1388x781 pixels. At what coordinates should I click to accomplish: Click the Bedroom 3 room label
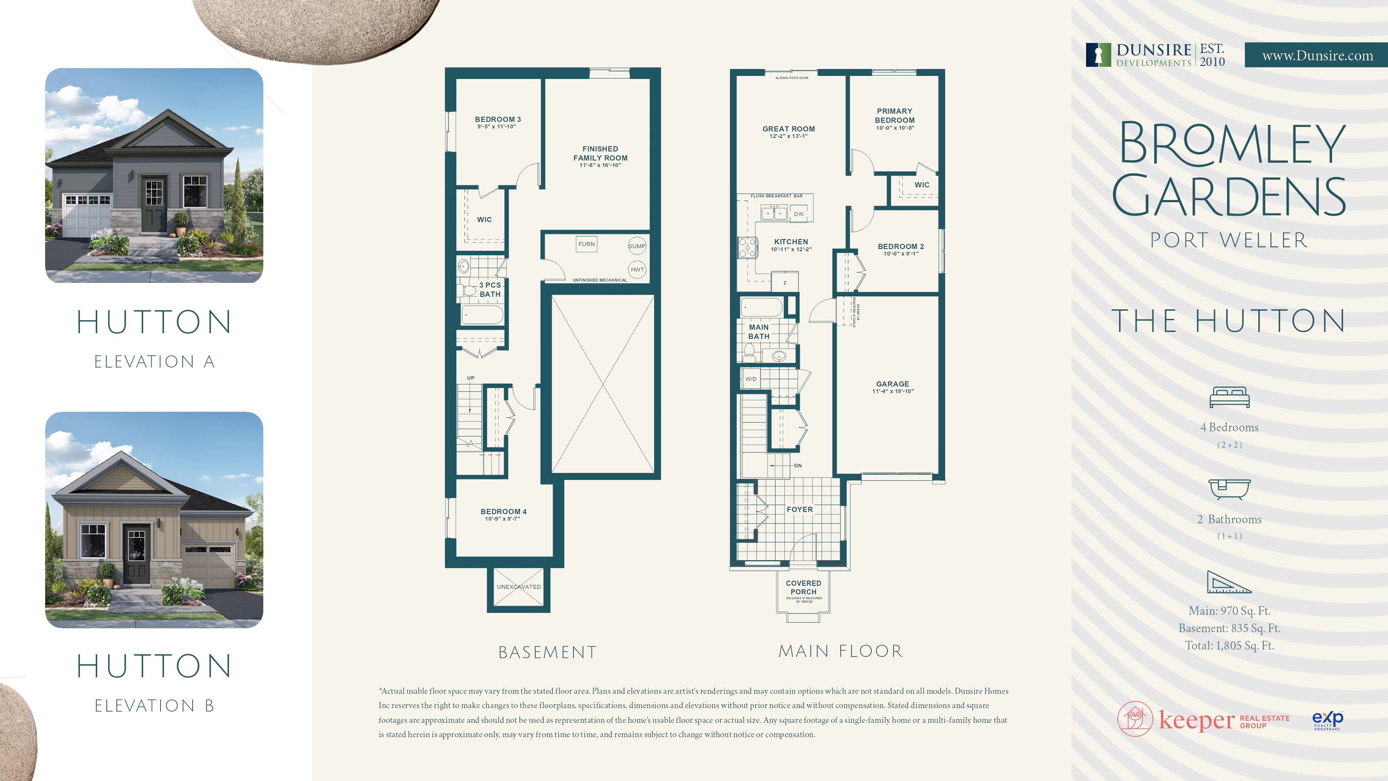pyautogui.click(x=498, y=120)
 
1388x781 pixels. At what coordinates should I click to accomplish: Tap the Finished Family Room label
pyautogui.click(x=600, y=154)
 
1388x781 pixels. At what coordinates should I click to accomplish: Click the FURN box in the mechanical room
pyautogui.click(x=586, y=244)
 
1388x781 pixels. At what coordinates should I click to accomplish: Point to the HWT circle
pyautogui.click(x=637, y=269)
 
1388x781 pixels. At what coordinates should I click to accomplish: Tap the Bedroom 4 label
pyautogui.click(x=503, y=512)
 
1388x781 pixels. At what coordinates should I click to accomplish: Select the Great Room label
pyautogui.click(x=788, y=129)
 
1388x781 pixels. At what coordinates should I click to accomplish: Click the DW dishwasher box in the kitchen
pyautogui.click(x=799, y=214)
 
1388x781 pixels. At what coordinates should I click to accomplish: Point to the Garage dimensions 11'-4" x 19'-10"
pyautogui.click(x=893, y=391)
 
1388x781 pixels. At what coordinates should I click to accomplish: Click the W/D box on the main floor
pyautogui.click(x=750, y=379)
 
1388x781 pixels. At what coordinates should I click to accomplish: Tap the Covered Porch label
pyautogui.click(x=803, y=587)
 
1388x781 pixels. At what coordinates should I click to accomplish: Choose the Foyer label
pyautogui.click(x=799, y=509)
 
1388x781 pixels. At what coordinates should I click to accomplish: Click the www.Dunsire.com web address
pyautogui.click(x=1317, y=56)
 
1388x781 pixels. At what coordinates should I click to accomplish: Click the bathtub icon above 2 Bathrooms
pyautogui.click(x=1229, y=489)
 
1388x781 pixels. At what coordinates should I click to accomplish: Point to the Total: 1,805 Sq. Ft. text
pyautogui.click(x=1229, y=645)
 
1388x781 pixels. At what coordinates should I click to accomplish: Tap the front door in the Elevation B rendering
pyautogui.click(x=136, y=555)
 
